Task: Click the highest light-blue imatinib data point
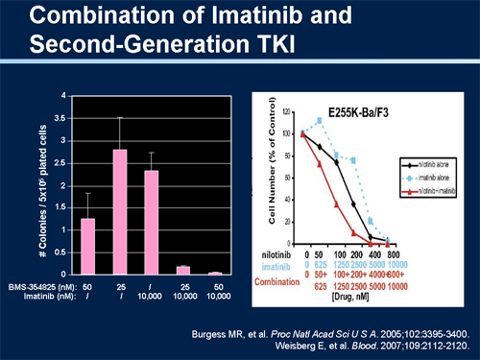[321, 121]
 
